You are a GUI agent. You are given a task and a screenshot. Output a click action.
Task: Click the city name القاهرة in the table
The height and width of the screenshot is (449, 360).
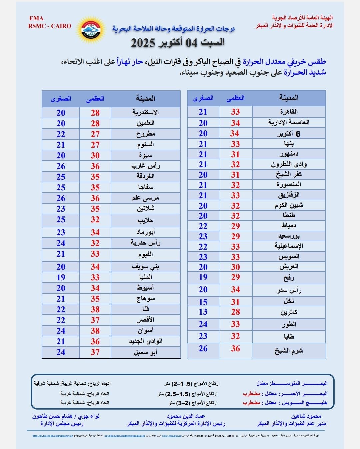pos(289,112)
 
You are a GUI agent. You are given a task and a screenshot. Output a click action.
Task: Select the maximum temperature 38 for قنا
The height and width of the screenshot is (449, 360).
pos(95,309)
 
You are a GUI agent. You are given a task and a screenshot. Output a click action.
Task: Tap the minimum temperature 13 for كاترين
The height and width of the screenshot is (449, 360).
pos(203,312)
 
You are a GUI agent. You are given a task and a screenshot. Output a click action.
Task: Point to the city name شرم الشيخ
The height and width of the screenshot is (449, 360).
pos(289,351)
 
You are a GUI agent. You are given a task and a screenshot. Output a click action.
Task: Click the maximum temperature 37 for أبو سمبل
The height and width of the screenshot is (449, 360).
pos(95,352)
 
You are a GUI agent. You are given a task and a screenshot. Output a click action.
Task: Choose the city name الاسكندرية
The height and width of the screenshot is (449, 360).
pos(145,112)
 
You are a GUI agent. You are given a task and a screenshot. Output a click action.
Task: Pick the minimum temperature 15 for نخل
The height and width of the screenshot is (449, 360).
pos(203,302)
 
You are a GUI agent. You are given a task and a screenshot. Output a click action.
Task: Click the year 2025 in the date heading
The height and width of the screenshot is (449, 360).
pos(143,43)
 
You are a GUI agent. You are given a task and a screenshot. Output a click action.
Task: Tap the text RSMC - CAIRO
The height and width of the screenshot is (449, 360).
pos(50,26)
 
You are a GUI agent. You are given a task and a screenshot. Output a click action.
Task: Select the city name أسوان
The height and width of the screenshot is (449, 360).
pos(145,331)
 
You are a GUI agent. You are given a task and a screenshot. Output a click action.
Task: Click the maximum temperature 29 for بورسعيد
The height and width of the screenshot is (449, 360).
pos(235,236)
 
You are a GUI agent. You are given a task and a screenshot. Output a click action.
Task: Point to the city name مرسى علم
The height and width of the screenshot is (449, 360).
pos(145,198)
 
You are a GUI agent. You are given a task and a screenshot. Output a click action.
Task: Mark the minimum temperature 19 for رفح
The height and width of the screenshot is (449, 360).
pos(203,277)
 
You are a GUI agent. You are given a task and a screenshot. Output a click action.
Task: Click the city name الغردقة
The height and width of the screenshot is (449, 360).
pos(145,176)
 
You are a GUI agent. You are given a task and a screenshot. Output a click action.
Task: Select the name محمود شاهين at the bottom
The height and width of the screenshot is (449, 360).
pos(306,416)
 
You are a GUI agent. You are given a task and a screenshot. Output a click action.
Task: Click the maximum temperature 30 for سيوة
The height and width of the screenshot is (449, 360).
pos(95,155)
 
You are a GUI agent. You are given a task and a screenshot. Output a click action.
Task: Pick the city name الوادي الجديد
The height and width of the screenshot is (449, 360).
pos(145,341)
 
